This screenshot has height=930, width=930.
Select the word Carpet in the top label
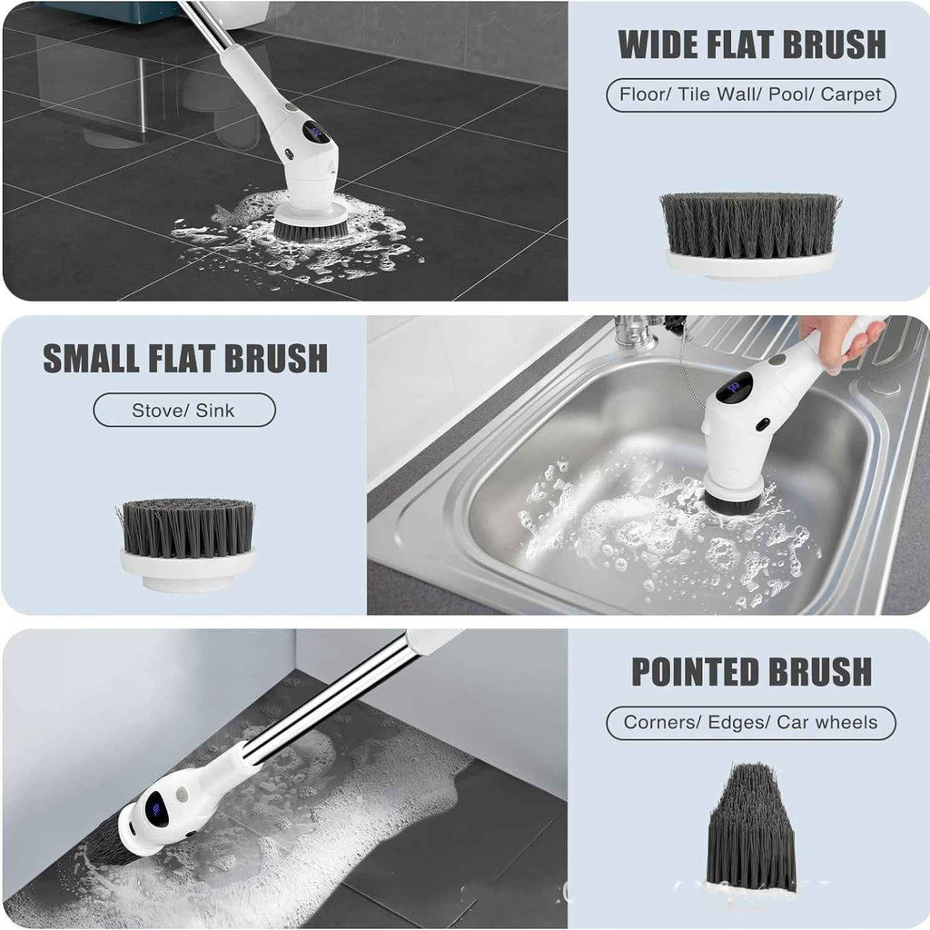pos(850,94)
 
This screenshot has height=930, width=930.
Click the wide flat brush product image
pos(750,234)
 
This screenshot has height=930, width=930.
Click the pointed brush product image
pos(750,828)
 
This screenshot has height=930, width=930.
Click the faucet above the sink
pos(637,331)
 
